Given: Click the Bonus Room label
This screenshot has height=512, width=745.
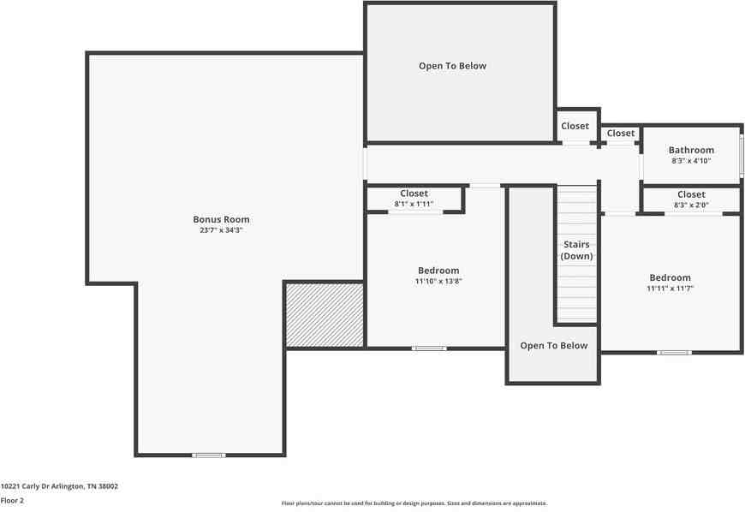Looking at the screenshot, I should tap(221, 219).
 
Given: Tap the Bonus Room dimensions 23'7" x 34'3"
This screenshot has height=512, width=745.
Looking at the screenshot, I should tap(221, 230).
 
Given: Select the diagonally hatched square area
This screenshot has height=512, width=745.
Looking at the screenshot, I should tap(325, 315).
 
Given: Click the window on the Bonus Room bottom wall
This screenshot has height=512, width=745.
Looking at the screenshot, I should tap(208, 455).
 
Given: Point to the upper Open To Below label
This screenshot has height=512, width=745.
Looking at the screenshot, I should tap(452, 66).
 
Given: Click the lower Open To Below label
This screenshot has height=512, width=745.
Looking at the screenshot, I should tap(554, 346).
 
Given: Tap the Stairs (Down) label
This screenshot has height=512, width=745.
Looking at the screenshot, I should tap(576, 249).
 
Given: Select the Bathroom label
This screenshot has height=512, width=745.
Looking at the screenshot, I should tap(691, 150).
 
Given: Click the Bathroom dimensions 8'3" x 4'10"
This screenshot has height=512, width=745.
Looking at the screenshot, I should tap(691, 161).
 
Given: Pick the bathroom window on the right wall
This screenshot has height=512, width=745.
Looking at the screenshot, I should tap(741, 153).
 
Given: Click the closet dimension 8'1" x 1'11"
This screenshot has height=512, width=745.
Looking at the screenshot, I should tap(414, 204).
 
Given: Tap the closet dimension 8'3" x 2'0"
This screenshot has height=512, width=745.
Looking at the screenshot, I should tap(691, 205).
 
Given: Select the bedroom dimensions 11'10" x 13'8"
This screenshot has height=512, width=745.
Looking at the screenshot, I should tap(438, 281).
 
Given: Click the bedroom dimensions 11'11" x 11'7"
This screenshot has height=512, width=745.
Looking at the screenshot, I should tap(670, 289).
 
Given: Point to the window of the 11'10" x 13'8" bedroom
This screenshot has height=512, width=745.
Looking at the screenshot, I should tap(429, 348).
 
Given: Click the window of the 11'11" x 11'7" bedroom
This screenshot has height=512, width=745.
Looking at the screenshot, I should tap(674, 352).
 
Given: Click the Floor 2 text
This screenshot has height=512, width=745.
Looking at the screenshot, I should tap(12, 500).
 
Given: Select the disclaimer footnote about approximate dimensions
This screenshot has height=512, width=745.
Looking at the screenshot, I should tap(414, 503).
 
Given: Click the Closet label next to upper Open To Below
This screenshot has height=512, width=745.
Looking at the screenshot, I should tap(575, 126).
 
